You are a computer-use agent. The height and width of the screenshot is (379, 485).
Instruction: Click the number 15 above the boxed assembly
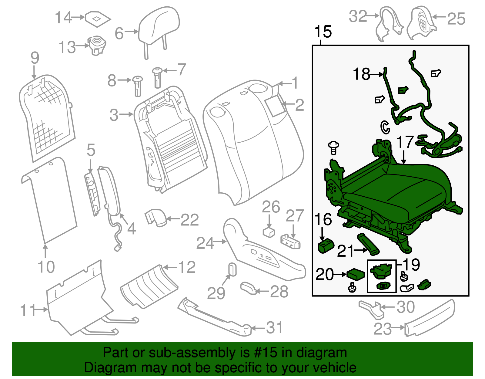[323, 32]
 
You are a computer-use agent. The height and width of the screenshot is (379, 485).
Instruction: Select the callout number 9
[35, 58]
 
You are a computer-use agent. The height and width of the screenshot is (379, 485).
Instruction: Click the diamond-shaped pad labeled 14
[97, 19]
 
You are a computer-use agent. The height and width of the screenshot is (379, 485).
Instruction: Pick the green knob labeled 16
[325, 245]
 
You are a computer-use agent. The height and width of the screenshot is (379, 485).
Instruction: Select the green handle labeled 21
[368, 243]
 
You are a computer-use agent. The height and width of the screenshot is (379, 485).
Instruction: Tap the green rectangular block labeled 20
[356, 274]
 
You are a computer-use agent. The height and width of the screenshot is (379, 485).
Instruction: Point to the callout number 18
[362, 74]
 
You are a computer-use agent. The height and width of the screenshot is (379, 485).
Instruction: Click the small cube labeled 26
[269, 232]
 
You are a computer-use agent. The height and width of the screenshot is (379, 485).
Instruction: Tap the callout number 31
[275, 328]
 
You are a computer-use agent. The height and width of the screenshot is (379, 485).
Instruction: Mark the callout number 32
[358, 16]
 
